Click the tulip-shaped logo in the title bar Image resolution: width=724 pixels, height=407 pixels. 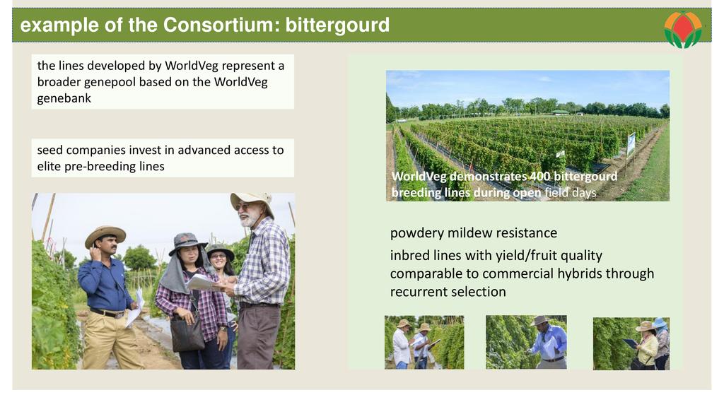click(x=683, y=30)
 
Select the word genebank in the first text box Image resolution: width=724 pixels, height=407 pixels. click(x=64, y=98)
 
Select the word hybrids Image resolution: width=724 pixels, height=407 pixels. click(x=579, y=273)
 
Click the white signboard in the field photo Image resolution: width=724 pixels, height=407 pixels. click(x=631, y=144)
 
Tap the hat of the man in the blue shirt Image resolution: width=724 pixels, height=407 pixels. click(x=105, y=235)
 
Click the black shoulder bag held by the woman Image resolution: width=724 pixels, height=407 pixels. click(x=187, y=332)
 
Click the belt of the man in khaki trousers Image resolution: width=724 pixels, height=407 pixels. click(x=107, y=313)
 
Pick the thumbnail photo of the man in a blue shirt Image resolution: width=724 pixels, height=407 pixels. click(x=526, y=343)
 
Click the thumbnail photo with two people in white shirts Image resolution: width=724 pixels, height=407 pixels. click(x=424, y=343)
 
